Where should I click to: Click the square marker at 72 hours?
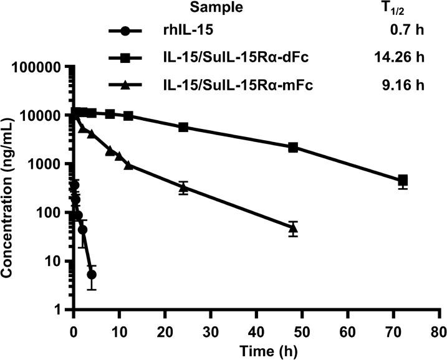tap(403, 180)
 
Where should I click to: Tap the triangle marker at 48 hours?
tap(293, 229)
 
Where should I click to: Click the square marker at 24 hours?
tap(183, 127)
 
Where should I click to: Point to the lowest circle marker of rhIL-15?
tap(92, 275)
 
